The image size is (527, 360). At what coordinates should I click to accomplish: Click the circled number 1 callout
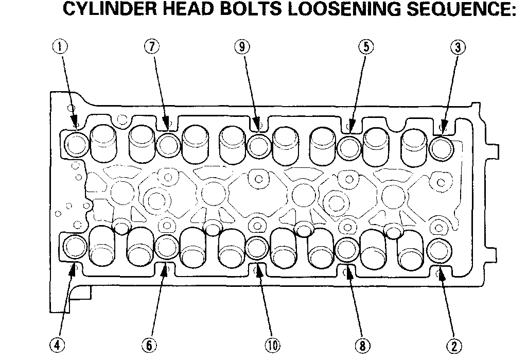coord(60,47)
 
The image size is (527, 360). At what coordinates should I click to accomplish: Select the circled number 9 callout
coord(241,47)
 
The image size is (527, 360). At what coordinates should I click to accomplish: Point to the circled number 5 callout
coord(364,47)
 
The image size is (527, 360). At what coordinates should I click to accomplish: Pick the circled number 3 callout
coord(458,48)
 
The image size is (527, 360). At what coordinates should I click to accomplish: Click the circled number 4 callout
coord(60,345)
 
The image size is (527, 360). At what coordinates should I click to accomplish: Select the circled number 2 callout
coord(455,345)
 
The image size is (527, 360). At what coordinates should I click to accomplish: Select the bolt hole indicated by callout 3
coord(441,147)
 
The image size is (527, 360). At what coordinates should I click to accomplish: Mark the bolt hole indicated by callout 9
coord(258,145)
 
